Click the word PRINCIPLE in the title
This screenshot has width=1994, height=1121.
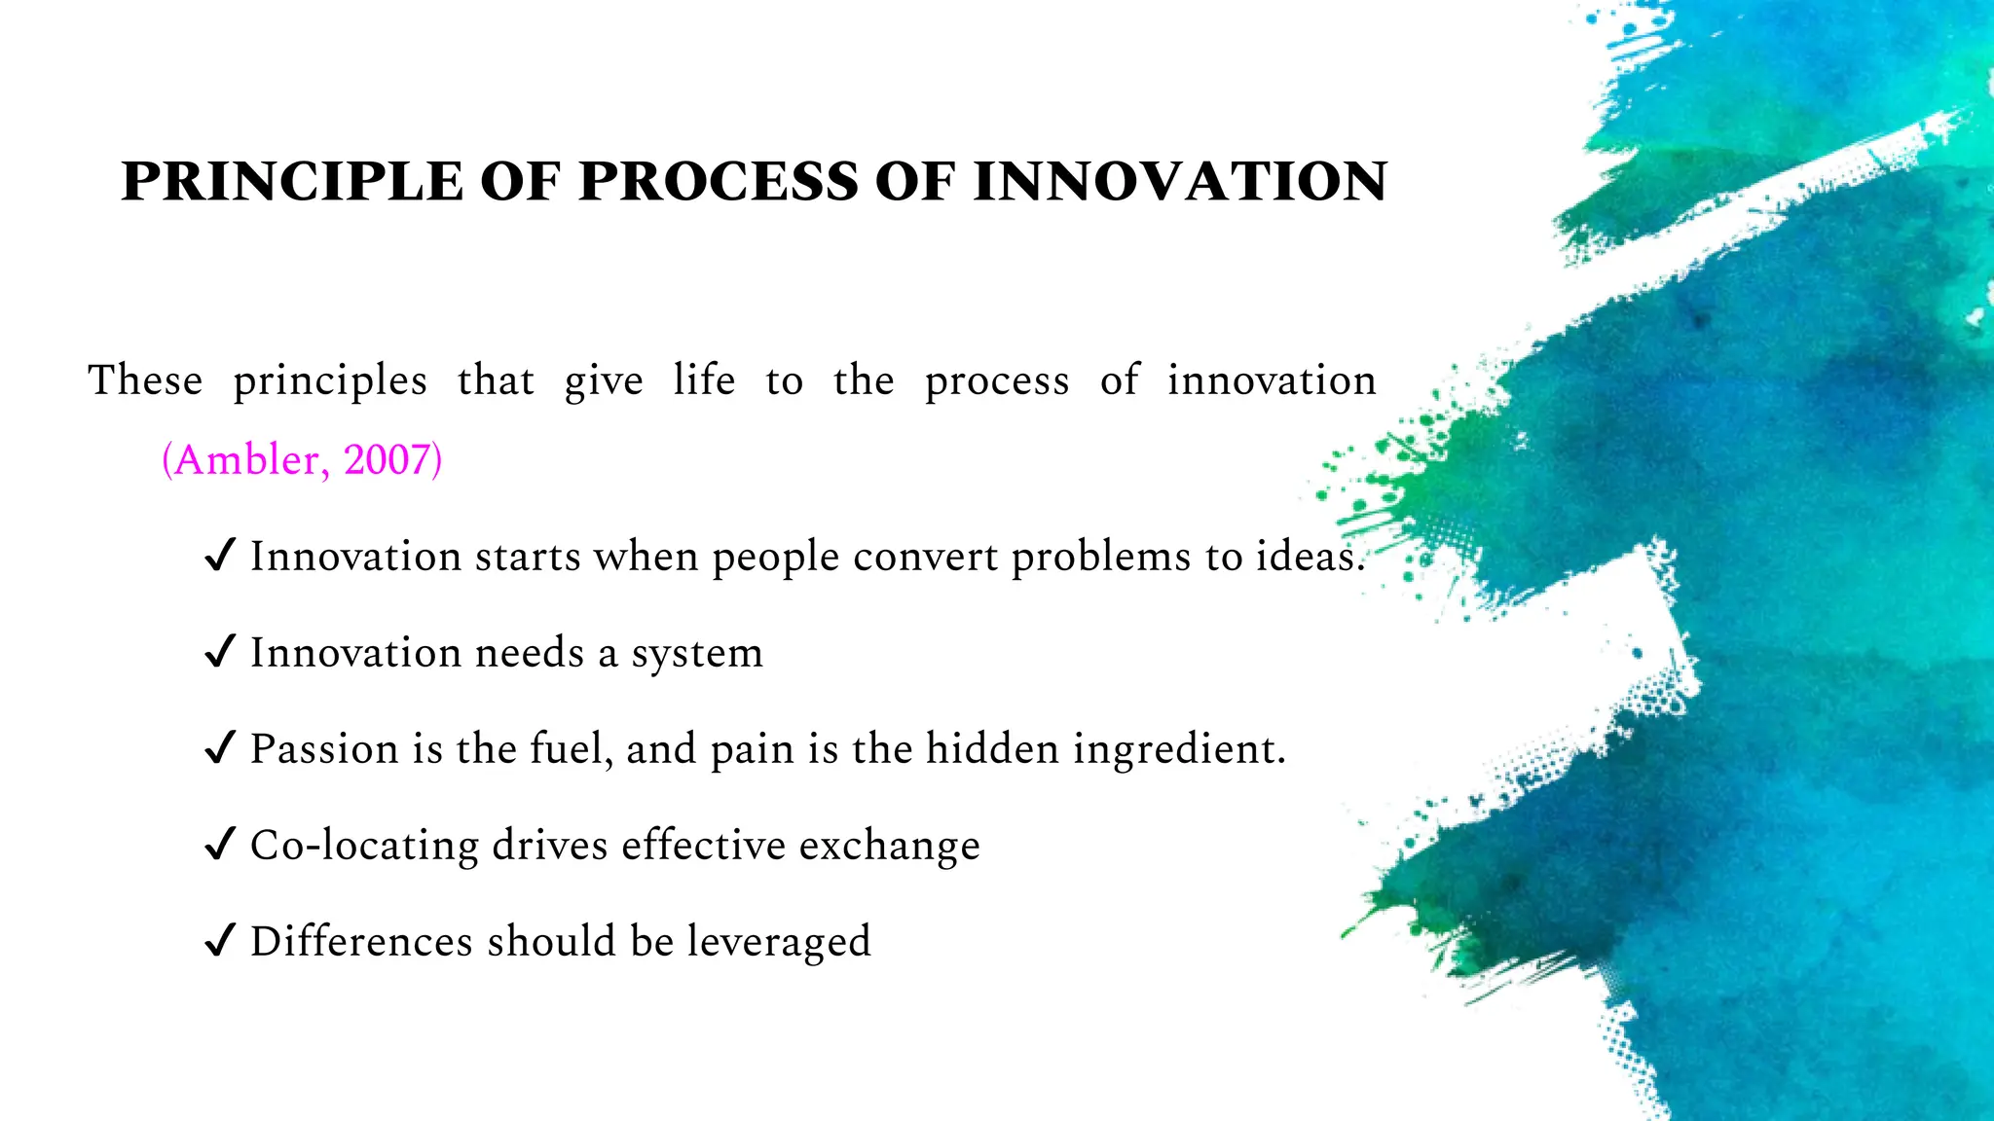pyautogui.click(x=291, y=182)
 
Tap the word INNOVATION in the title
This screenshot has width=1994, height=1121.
pyautogui.click(x=1180, y=182)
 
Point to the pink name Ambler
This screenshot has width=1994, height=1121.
pyautogui.click(x=245, y=459)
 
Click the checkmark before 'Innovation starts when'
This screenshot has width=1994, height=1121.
pyautogui.click(x=220, y=556)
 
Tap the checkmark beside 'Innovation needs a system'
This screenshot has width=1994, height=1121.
pyautogui.click(x=220, y=652)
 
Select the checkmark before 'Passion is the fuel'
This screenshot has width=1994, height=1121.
pyautogui.click(x=220, y=748)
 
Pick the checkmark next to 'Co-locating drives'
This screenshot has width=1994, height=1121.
pyautogui.click(x=220, y=845)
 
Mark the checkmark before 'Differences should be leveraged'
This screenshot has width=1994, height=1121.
pyautogui.click(x=220, y=941)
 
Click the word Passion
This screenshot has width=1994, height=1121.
pyautogui.click(x=325, y=748)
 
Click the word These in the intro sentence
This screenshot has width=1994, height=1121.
pyautogui.click(x=145, y=380)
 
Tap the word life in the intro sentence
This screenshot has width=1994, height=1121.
pyautogui.click(x=704, y=380)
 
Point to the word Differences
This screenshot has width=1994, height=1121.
pyautogui.click(x=361, y=941)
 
